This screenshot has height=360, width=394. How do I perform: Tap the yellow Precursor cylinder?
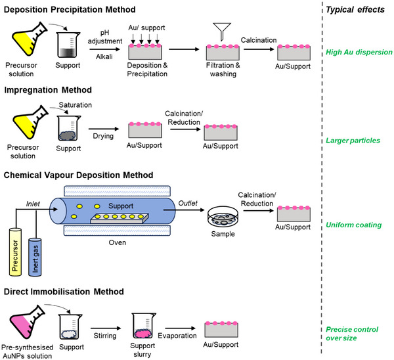pos(15,252)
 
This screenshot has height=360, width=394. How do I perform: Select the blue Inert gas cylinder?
pos(35,257)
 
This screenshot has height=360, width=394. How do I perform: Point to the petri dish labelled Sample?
pos(223,217)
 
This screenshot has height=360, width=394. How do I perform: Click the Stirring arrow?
pos(106,328)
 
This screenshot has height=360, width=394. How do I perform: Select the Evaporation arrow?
pos(180,328)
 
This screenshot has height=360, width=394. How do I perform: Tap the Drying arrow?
pos(104,129)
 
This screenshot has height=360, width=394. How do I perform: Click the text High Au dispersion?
pos(359,52)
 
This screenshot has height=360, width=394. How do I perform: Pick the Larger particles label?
pos(353,141)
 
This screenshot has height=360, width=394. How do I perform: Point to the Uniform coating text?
pos(353,225)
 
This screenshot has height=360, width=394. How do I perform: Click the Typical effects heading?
pos(355,10)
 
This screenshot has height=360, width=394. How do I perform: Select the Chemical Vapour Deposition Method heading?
pos(78,175)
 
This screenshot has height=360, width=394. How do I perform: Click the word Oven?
pos(118,242)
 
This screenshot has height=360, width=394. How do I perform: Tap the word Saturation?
pos(76,105)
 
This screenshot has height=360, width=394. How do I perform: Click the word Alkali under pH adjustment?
pos(104,56)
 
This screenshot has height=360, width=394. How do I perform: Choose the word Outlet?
pos(188,203)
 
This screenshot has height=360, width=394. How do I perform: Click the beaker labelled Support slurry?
pos(143,326)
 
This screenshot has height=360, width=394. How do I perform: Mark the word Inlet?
pos(33,204)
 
